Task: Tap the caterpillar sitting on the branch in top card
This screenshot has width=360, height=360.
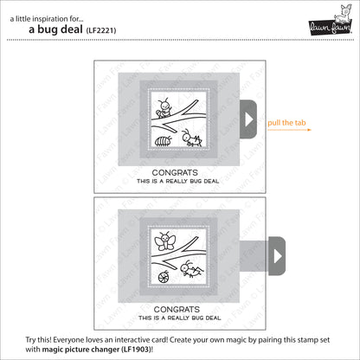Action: (x=162, y=109)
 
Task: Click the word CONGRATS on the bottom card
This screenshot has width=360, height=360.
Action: (x=179, y=307)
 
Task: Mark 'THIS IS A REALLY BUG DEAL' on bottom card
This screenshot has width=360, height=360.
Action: (x=179, y=317)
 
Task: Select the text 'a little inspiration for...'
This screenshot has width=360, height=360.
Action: (x=44, y=12)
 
